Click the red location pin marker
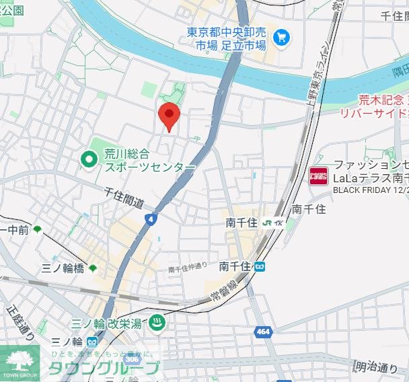tap(168, 117)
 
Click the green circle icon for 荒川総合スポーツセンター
tap(89, 159)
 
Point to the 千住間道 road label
tap(124, 196)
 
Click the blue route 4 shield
tap(151, 219)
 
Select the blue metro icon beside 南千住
tap(260, 266)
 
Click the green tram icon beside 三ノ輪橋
tap(92, 268)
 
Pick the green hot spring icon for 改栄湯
tap(156, 322)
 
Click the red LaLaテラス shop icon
tap(318, 177)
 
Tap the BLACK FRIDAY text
tap(366, 190)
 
